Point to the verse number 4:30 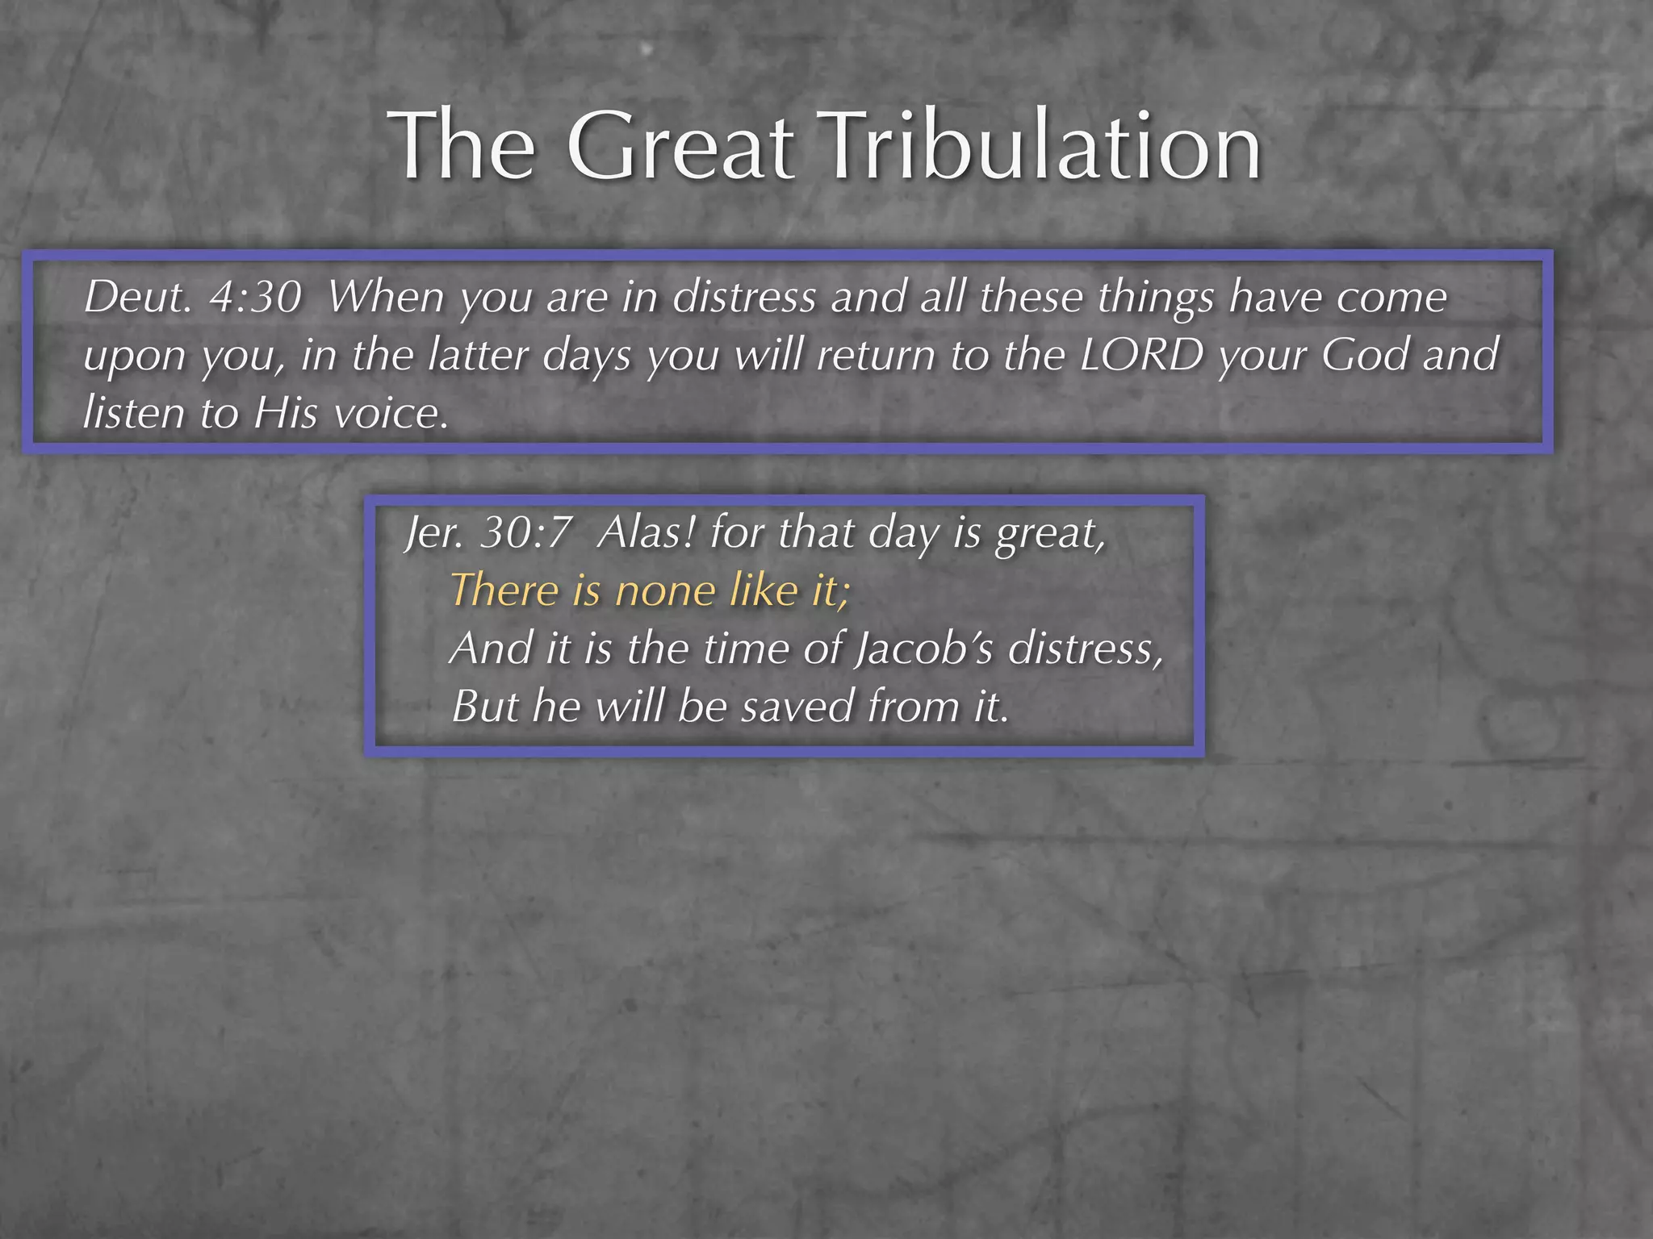click(x=255, y=297)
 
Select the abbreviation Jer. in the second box click(x=434, y=533)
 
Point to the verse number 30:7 click(x=525, y=533)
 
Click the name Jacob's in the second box click(x=924, y=648)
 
